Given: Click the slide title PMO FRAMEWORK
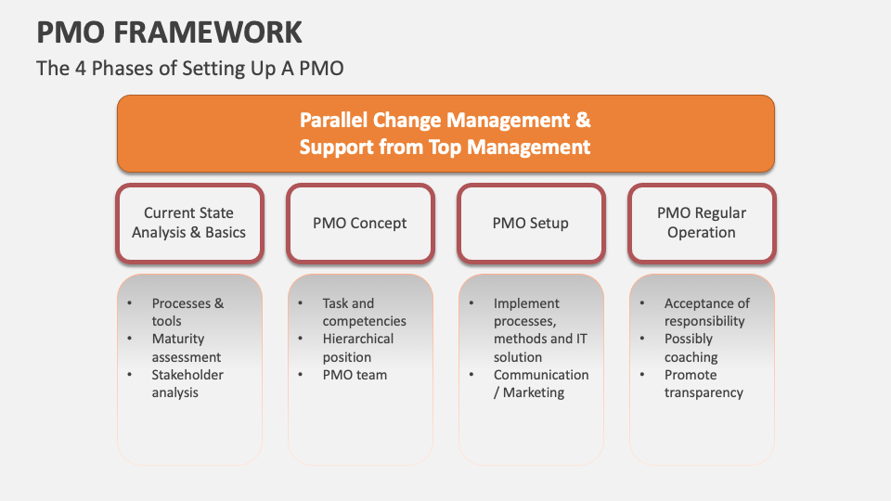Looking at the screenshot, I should pyautogui.click(x=169, y=32).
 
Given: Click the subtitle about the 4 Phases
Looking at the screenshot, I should pyautogui.click(x=195, y=69).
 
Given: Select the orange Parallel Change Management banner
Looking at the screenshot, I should pyautogui.click(x=445, y=134).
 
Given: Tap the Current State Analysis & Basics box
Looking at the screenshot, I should pyautogui.click(x=189, y=223).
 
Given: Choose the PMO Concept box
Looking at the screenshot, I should pyautogui.click(x=360, y=223).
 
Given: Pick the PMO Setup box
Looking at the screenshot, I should pyautogui.click(x=531, y=223).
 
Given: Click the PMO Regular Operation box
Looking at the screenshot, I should pyautogui.click(x=702, y=223).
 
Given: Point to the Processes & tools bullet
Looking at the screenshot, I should pyautogui.click(x=187, y=312).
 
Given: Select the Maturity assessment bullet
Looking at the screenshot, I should pyautogui.click(x=186, y=348).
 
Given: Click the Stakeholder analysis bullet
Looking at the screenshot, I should pyautogui.click(x=187, y=383).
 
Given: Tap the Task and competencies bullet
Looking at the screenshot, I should pyautogui.click(x=364, y=312).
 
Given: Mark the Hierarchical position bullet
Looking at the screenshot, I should pyautogui.click(x=358, y=348).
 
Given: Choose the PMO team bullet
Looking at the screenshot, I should pyautogui.click(x=355, y=375).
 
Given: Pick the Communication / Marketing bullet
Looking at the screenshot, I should pyautogui.click(x=540, y=383).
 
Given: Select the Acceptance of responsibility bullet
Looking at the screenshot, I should pyautogui.click(x=706, y=312).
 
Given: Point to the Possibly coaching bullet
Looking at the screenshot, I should pyautogui.click(x=691, y=348).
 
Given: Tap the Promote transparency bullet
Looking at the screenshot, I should pyautogui.click(x=704, y=383).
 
